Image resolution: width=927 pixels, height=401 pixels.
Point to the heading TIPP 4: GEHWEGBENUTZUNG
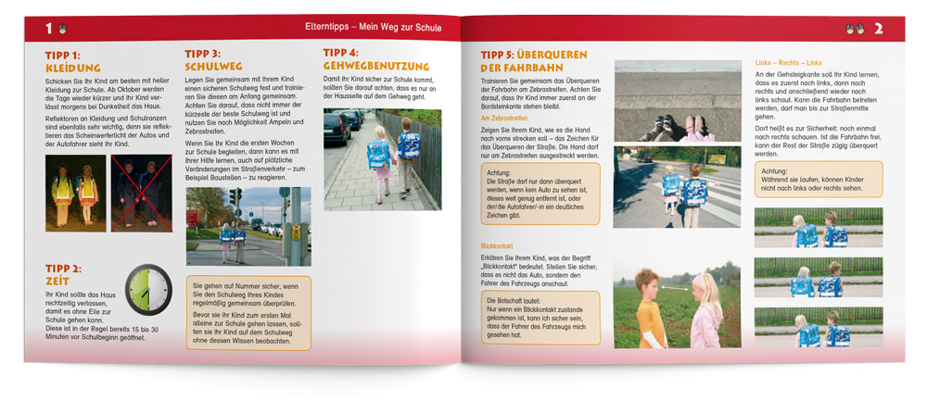[375, 60]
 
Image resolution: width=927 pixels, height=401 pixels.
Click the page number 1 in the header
[48, 29]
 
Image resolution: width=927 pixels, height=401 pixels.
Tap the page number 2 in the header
[878, 29]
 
